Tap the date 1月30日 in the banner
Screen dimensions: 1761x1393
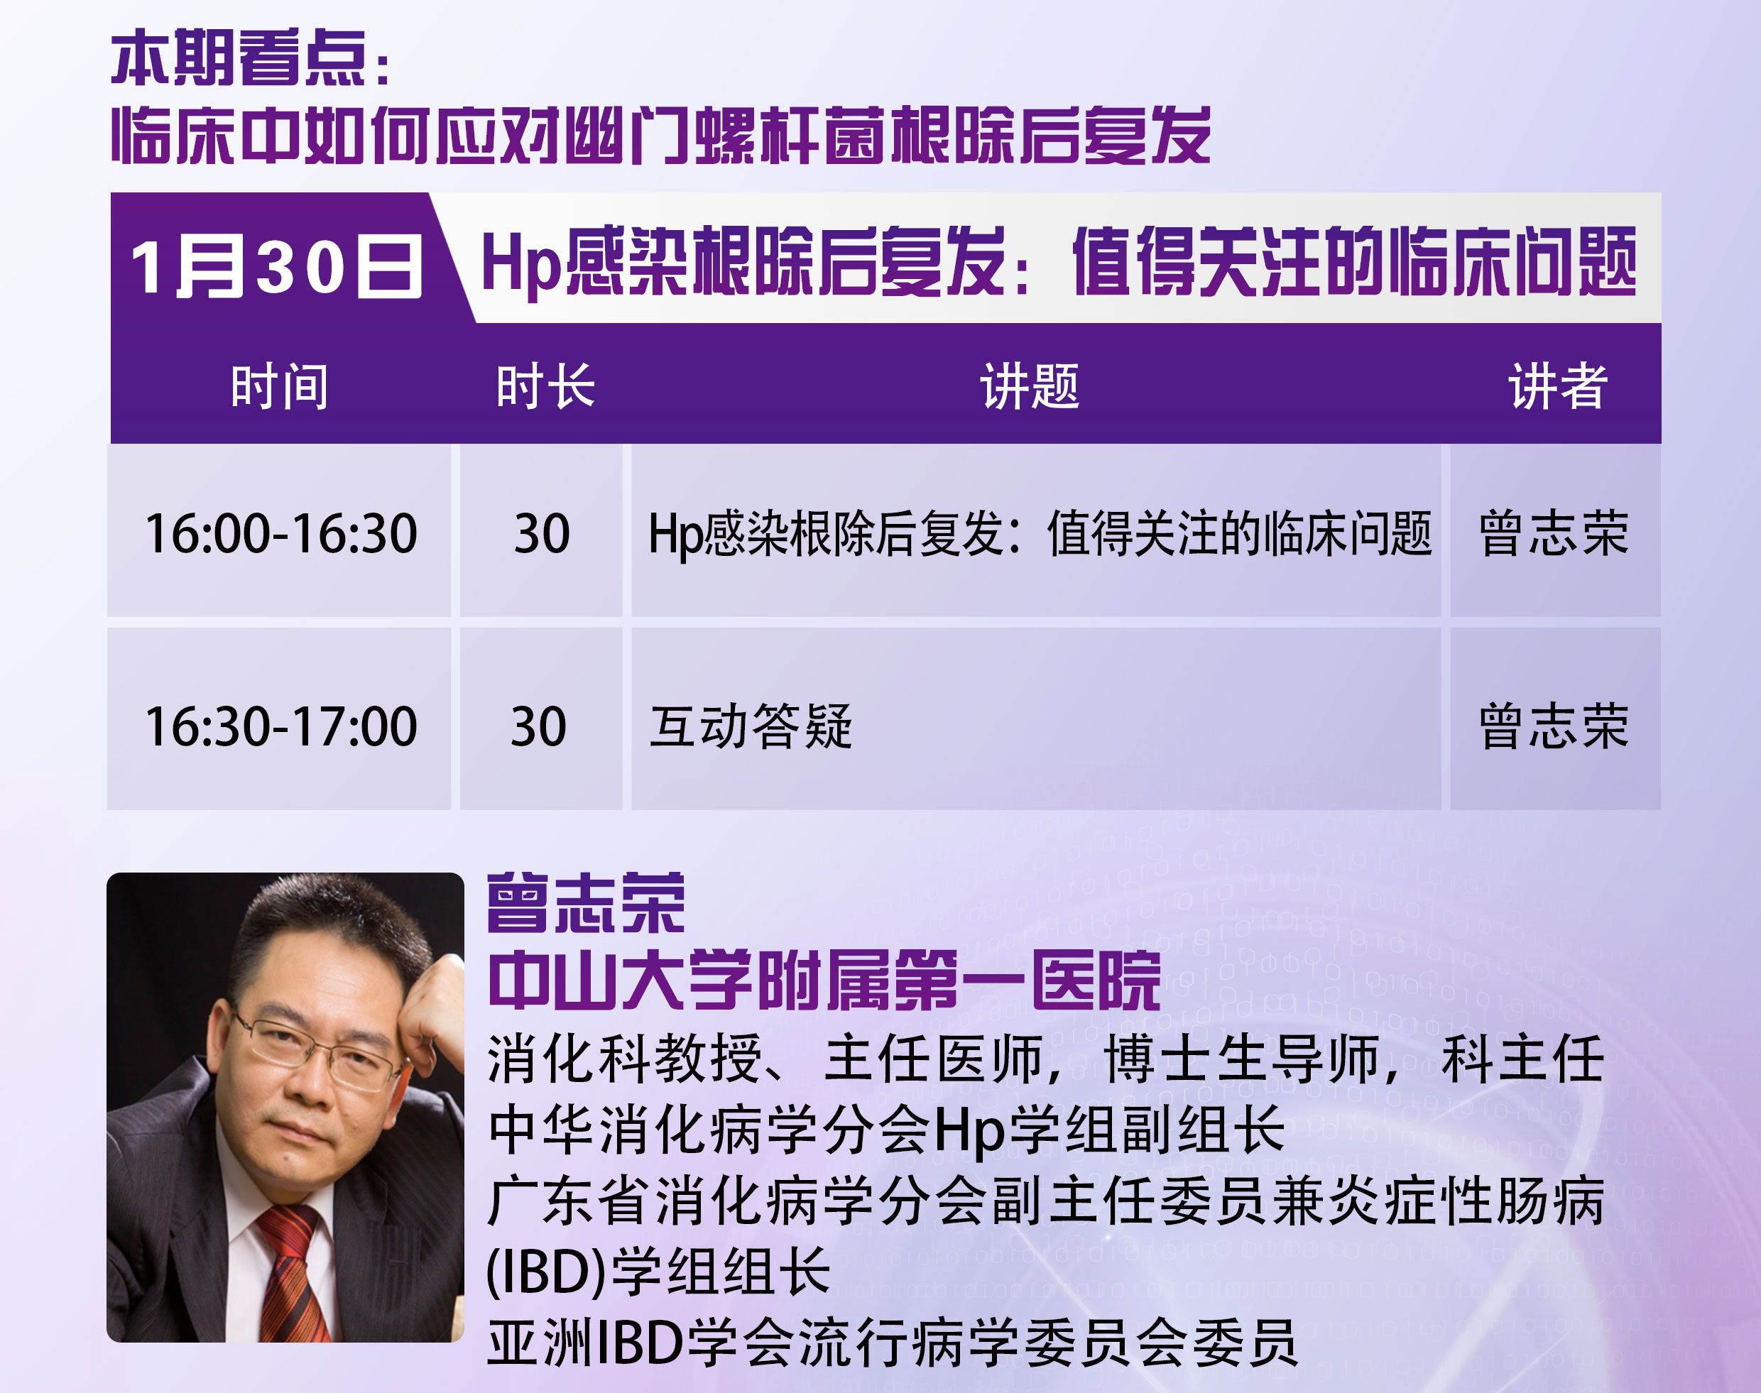pos(276,267)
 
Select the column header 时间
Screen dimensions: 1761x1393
pos(280,386)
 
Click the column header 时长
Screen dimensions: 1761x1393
pos(545,386)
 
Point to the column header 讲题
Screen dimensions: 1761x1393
pos(1030,386)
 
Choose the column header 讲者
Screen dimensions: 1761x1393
pos(1557,386)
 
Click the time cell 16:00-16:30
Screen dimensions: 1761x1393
pos(280,533)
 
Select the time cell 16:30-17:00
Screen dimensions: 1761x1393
pos(280,726)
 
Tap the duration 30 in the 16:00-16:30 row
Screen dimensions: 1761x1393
pos(542,533)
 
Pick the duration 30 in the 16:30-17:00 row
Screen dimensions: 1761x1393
pos(538,726)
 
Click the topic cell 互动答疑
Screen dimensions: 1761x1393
pos(751,726)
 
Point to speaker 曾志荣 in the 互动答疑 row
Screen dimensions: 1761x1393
pos(1554,726)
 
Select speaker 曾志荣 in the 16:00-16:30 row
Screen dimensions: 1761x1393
pos(1554,533)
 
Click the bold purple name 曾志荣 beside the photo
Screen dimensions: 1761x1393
pos(586,903)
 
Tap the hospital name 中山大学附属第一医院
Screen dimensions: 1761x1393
pos(824,980)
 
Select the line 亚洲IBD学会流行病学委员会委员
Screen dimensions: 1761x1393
pos(892,1343)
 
